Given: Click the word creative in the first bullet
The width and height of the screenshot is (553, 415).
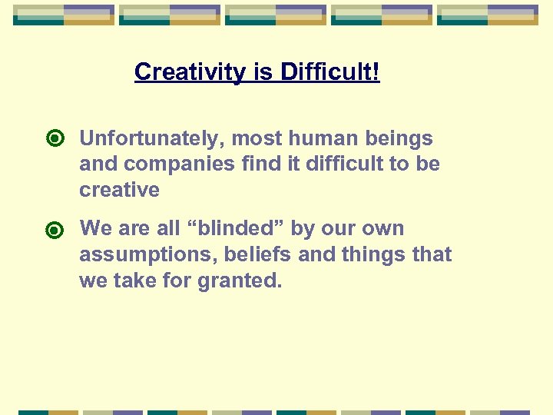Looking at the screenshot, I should pos(119,190).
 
